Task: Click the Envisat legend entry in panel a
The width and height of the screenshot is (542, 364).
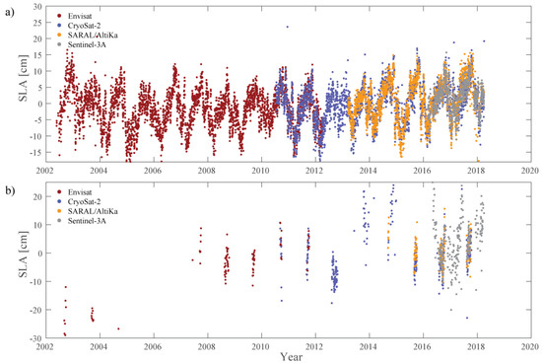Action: (x=75, y=16)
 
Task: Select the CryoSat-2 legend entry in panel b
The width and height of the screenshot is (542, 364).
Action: (x=79, y=201)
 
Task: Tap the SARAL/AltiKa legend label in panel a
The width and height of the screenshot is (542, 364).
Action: (x=93, y=36)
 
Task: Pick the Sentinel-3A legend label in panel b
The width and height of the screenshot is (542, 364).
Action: (x=87, y=221)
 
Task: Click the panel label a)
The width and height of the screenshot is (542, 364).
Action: (x=10, y=13)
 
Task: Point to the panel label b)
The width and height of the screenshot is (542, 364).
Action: (x=10, y=190)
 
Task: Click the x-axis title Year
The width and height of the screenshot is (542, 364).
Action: (x=292, y=357)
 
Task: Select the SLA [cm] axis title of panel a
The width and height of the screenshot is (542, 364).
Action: (x=24, y=78)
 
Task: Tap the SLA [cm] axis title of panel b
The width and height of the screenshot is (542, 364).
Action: (x=24, y=255)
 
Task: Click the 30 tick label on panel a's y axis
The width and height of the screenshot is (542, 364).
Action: (x=37, y=7)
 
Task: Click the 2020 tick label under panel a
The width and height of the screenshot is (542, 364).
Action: (x=530, y=171)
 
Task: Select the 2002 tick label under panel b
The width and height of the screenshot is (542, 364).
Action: (x=45, y=346)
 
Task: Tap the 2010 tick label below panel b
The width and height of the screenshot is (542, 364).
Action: (x=261, y=346)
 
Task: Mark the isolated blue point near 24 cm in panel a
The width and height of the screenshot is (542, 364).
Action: (x=287, y=27)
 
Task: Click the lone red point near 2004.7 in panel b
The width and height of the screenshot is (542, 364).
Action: (x=118, y=328)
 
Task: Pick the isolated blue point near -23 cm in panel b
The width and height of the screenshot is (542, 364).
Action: (x=467, y=318)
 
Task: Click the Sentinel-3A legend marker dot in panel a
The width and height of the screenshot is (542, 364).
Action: (x=59, y=44)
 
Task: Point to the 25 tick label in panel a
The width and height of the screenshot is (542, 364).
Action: (x=37, y=23)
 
